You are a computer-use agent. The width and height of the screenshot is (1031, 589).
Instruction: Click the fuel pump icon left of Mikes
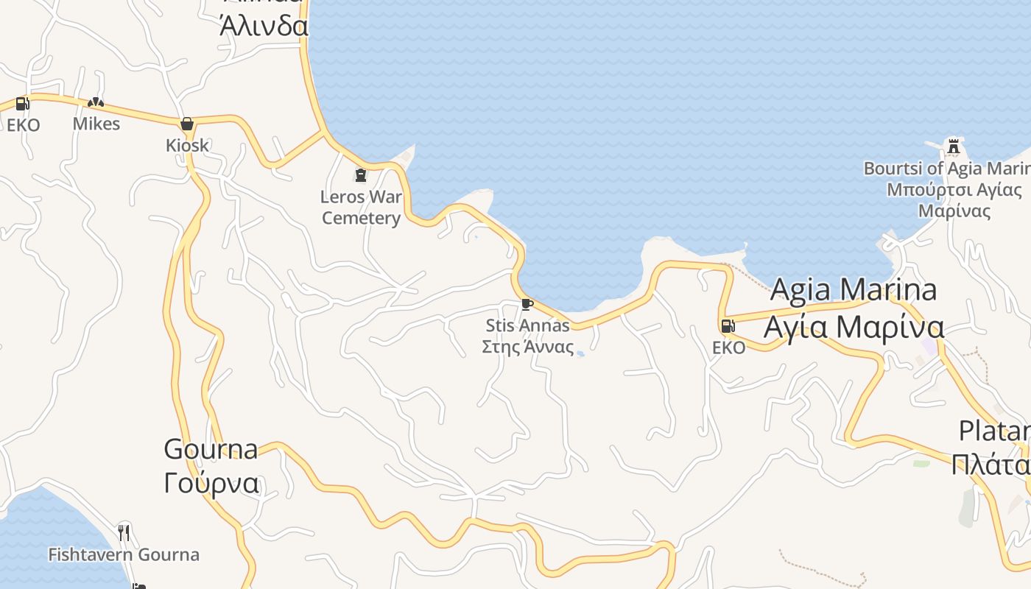(22, 104)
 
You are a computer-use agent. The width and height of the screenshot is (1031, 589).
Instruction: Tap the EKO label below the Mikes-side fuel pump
(24, 125)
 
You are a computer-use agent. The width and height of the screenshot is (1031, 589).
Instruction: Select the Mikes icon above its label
(96, 102)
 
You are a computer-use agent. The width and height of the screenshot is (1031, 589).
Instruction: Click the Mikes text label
(96, 124)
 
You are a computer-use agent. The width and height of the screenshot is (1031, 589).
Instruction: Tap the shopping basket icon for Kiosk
(187, 123)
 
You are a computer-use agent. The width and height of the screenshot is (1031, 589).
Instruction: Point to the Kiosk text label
(187, 145)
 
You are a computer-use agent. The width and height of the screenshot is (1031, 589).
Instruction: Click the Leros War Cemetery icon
(361, 175)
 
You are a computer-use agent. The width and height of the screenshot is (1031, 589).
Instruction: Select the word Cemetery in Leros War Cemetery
(362, 218)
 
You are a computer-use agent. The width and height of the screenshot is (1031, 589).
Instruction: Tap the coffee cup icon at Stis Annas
(527, 304)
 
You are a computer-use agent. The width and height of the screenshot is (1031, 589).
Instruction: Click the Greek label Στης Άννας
(527, 347)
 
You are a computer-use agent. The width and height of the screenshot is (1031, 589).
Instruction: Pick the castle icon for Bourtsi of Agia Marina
(954, 146)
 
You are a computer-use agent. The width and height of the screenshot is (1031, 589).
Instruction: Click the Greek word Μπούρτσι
(922, 190)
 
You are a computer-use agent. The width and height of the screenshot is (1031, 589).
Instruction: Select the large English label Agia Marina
(854, 289)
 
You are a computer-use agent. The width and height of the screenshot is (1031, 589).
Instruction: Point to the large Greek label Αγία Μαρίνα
(854, 326)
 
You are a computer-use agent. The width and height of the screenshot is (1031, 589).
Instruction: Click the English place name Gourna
(211, 448)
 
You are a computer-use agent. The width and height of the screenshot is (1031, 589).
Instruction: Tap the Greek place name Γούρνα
(211, 484)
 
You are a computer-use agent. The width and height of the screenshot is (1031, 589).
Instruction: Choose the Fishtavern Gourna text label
(124, 554)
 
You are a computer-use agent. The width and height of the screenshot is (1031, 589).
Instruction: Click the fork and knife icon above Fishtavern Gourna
(124, 532)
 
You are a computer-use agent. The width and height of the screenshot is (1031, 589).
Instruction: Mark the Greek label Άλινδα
(264, 27)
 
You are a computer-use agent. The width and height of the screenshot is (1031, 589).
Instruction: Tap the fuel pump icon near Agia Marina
(728, 326)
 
